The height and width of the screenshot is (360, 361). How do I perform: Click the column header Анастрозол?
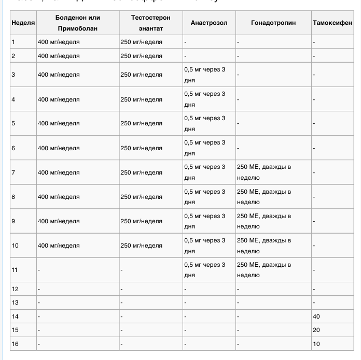pyautogui.click(x=209, y=23)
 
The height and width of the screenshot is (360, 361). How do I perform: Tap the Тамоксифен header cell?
pyautogui.click(x=332, y=23)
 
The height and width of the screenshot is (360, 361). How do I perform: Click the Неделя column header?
pyautogui.click(x=23, y=23)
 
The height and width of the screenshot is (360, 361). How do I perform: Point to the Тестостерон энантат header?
pyautogui.click(x=150, y=23)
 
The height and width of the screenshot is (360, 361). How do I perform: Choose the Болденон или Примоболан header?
pyautogui.click(x=77, y=23)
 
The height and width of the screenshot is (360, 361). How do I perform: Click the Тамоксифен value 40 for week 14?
pyautogui.click(x=316, y=316)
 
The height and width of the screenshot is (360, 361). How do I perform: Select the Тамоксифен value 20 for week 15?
pyautogui.click(x=316, y=330)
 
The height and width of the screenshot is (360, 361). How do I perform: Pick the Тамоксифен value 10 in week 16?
pyautogui.click(x=316, y=343)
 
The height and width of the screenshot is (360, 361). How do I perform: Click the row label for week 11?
pyautogui.click(x=15, y=270)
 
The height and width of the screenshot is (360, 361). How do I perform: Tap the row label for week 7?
pyautogui.click(x=13, y=172)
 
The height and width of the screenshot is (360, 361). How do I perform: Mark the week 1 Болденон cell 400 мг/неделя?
pyautogui.click(x=59, y=42)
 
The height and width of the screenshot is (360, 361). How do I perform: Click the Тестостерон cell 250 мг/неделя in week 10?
pyautogui.click(x=141, y=246)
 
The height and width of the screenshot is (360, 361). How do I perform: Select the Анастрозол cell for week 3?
pyautogui.click(x=205, y=75)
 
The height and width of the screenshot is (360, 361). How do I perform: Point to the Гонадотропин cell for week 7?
pyautogui.click(x=264, y=172)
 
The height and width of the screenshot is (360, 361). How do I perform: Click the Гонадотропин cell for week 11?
pyautogui.click(x=264, y=270)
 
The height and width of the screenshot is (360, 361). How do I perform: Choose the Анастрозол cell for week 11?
pyautogui.click(x=205, y=270)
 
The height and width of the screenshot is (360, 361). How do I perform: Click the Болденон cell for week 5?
pyautogui.click(x=59, y=123)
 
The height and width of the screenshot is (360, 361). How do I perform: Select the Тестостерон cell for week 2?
pyautogui.click(x=141, y=55)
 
